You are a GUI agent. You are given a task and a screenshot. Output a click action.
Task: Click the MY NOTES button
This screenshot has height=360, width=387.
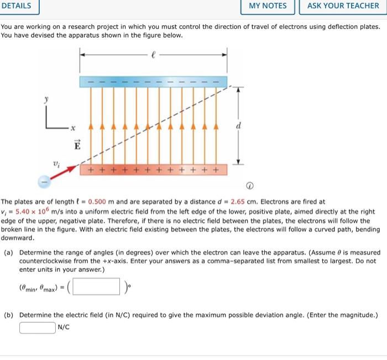point(268,6)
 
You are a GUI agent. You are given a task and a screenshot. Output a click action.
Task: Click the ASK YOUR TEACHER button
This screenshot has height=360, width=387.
point(343,6)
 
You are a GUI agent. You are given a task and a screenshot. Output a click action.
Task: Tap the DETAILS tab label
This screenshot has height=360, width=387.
point(17,6)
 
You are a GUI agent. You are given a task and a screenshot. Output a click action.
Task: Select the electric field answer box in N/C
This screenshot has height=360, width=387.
point(38,327)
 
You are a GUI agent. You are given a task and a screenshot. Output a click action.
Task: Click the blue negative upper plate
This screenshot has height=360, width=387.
point(153,81)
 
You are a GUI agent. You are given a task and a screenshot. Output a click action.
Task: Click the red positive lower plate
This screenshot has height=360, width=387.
point(153,169)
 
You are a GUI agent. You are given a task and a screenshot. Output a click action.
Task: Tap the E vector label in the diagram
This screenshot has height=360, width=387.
point(77,147)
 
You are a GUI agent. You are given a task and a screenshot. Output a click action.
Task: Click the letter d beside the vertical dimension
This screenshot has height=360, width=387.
point(238,126)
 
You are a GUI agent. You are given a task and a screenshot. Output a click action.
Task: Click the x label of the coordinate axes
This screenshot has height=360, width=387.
point(71,129)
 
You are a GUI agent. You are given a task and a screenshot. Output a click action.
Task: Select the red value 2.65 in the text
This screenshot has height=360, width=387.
point(239,202)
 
